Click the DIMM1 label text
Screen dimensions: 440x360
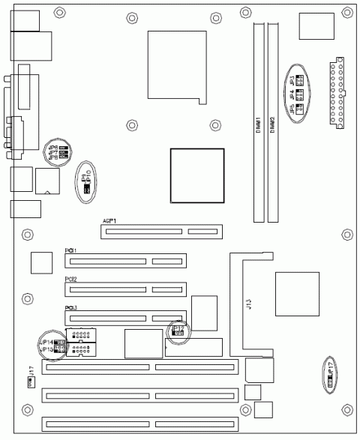tap(258, 124)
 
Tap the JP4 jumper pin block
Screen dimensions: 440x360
tap(299, 94)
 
